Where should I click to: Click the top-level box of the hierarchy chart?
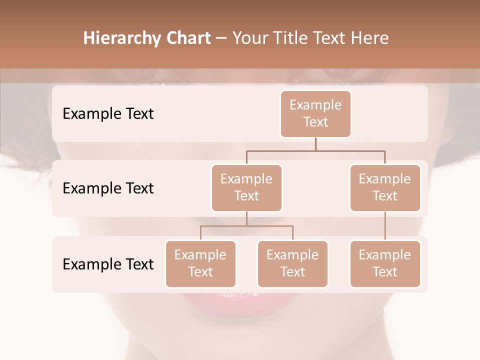point(315,114)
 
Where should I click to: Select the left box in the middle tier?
point(246,188)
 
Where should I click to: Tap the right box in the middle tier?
point(385,188)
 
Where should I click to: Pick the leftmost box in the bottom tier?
point(200,264)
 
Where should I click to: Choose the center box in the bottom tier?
point(292,264)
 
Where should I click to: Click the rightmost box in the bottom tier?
point(385,264)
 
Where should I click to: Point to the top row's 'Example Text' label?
point(108,114)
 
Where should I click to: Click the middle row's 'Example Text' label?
point(108,188)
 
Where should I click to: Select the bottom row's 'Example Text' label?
point(108,264)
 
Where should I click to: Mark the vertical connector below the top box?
point(315,144)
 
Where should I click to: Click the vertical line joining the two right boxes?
point(385,226)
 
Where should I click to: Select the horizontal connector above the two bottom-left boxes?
point(246,226)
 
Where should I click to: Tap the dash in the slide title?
point(221,38)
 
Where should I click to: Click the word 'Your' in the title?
point(249,38)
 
